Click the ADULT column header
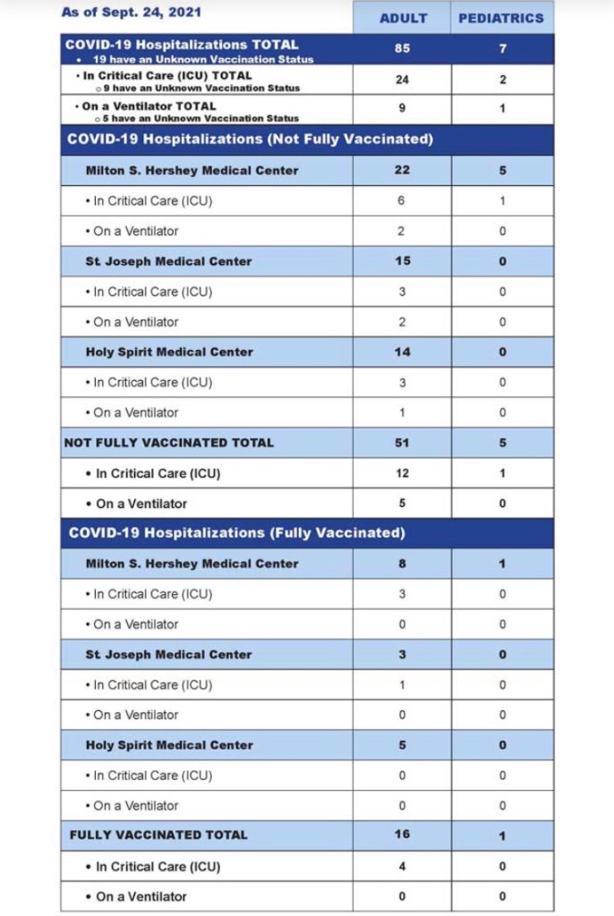[x=403, y=18]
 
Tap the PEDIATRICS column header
[x=501, y=18]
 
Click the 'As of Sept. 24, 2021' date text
[x=132, y=13]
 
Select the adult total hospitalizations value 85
[x=402, y=48]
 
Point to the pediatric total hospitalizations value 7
[x=503, y=48]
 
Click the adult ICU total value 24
[x=402, y=80]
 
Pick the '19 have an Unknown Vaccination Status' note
[x=203, y=59]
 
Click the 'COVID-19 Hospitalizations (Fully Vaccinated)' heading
[x=237, y=532]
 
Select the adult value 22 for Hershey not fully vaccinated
[x=402, y=170]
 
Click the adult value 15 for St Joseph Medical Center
[x=402, y=261]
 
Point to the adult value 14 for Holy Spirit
[x=402, y=352]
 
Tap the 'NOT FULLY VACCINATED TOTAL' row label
[x=169, y=442]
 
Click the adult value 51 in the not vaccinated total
[x=402, y=442]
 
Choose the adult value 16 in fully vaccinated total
[x=402, y=835]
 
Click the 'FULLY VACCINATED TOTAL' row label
[x=158, y=835]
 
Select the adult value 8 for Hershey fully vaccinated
[x=402, y=564]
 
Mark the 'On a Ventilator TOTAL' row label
[x=149, y=106]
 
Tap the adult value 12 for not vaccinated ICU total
[x=402, y=473]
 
